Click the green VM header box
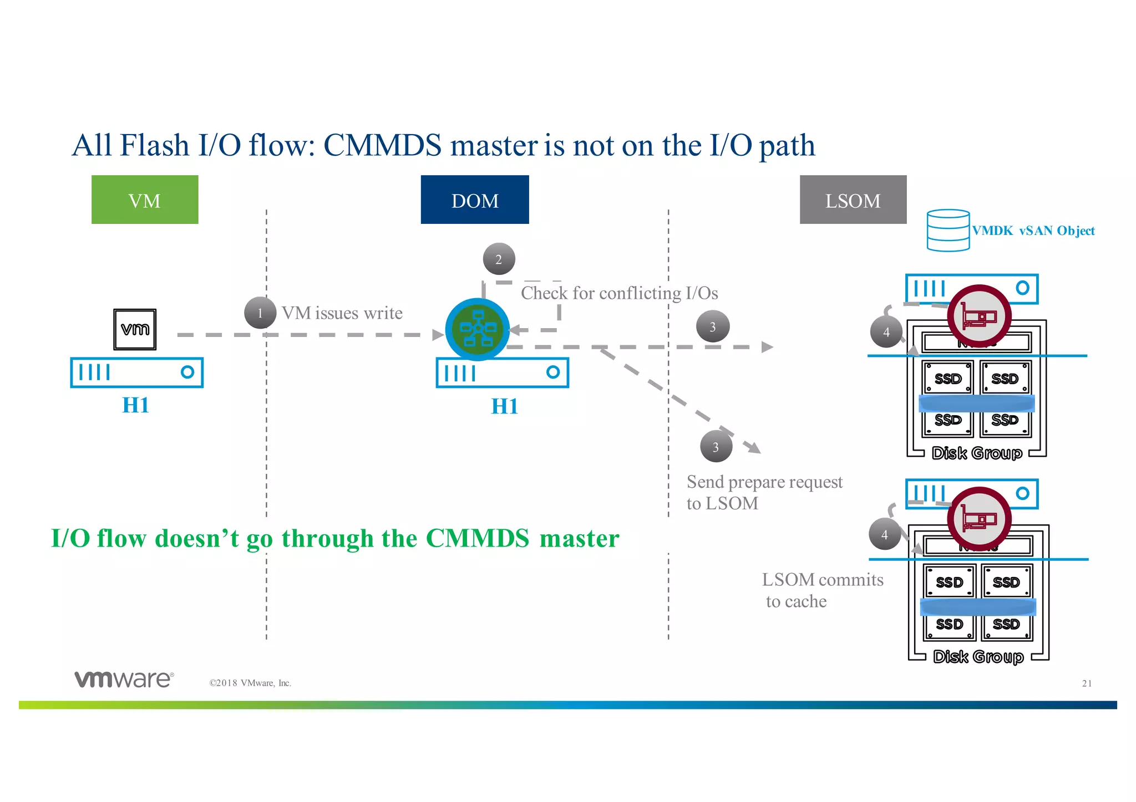(145, 200)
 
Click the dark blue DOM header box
(475, 200)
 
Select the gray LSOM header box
(853, 200)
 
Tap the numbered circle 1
(260, 313)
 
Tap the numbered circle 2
(499, 259)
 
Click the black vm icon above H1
(135, 330)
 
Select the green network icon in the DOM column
(478, 329)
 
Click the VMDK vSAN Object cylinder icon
(948, 230)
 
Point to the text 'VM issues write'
(342, 313)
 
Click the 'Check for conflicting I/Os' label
(619, 293)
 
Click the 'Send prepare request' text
(764, 482)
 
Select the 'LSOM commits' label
(822, 580)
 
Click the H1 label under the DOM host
(504, 406)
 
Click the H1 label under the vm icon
(135, 405)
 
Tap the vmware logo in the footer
(124, 679)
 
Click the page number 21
(1087, 683)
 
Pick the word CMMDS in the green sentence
(478, 539)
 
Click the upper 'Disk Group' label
(977, 453)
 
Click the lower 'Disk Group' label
(978, 657)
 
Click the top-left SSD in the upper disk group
(948, 379)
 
